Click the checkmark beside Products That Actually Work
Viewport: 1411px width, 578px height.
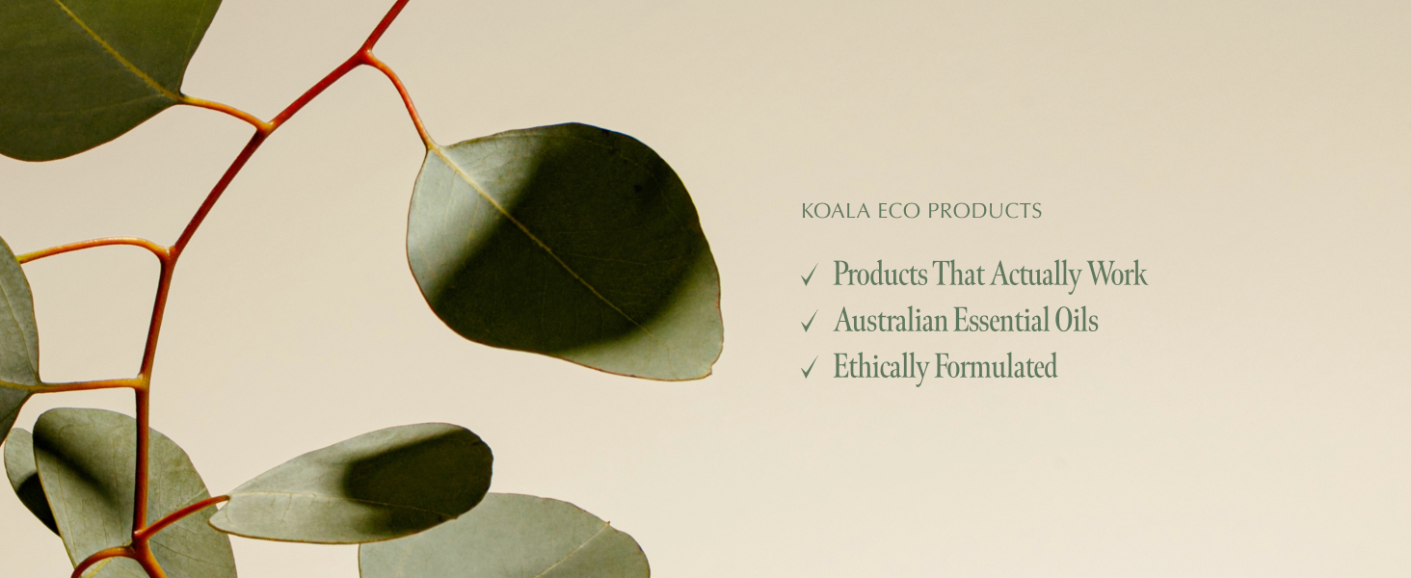[809, 276]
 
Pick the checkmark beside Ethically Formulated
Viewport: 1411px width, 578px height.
[809, 368]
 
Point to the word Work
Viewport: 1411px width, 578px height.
[1118, 275]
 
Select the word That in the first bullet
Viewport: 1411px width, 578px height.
[959, 275]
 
